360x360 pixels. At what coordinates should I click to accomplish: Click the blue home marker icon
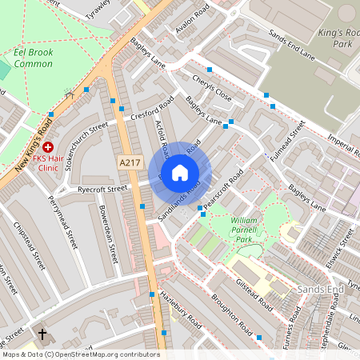[180, 173]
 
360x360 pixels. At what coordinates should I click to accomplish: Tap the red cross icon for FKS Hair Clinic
[48, 148]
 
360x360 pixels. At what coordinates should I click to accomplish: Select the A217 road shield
[130, 162]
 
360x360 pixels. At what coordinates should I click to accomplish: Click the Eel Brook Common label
[38, 58]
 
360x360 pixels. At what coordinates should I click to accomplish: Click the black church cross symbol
[42, 334]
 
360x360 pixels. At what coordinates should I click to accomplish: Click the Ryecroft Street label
[102, 190]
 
